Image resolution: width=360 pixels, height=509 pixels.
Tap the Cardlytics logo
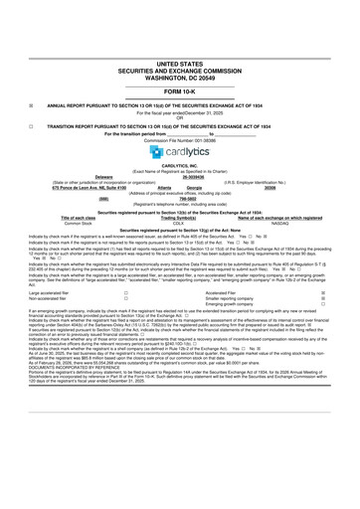coord(180,151)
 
